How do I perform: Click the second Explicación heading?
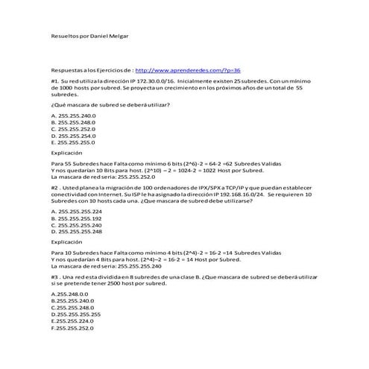pyautogui.click(x=67, y=242)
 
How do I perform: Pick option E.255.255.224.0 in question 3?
pyautogui.click(x=73, y=321)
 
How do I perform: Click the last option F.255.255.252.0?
pyautogui.click(x=73, y=328)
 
